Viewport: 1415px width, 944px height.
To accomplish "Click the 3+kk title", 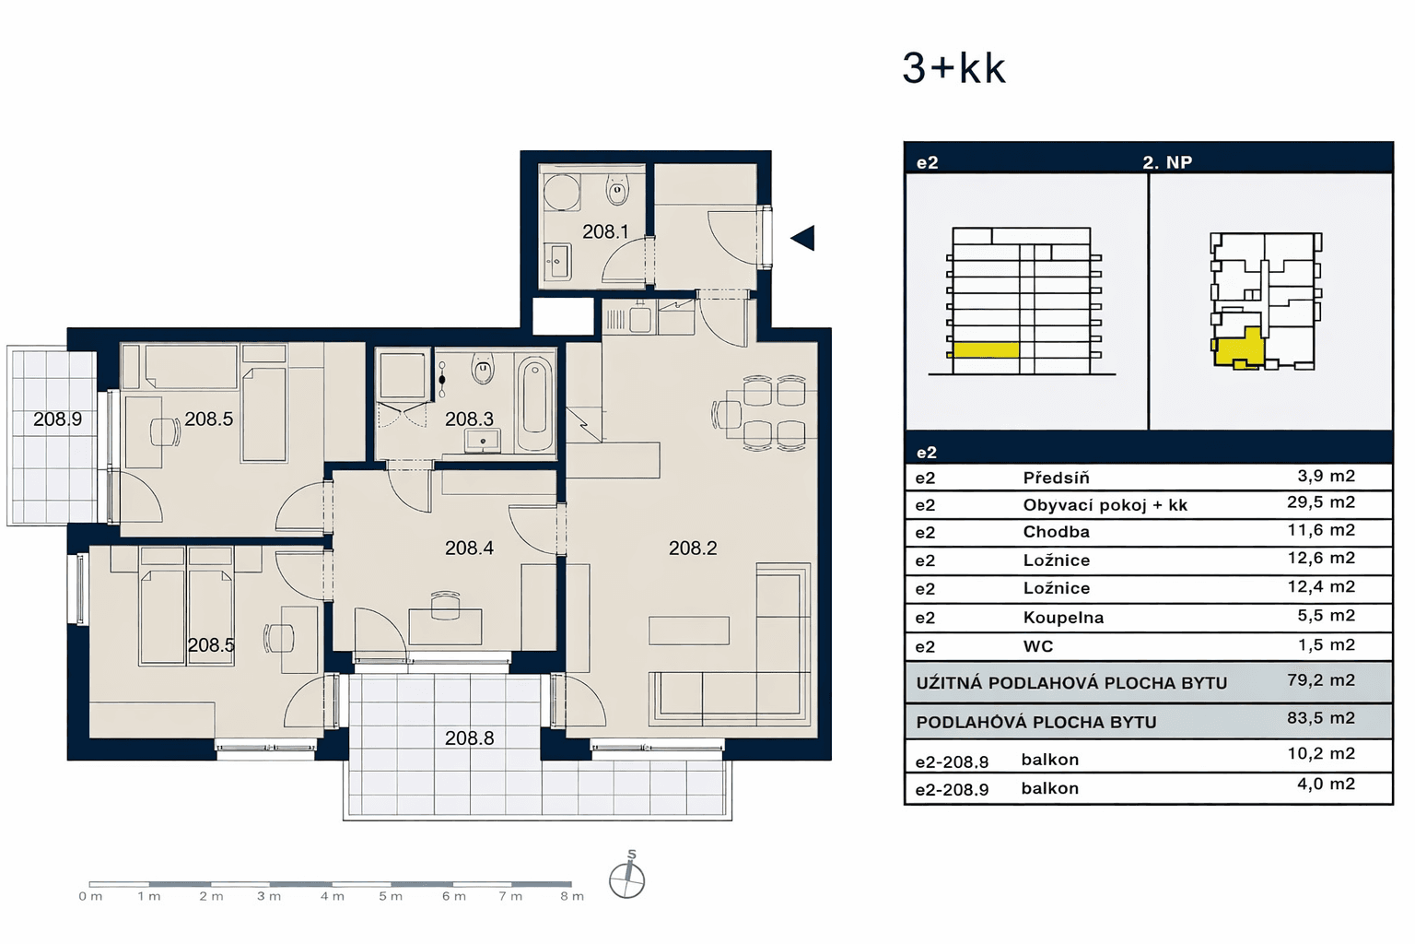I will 953,68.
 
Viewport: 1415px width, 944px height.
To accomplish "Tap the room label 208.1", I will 605,232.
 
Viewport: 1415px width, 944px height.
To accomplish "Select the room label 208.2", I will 693,549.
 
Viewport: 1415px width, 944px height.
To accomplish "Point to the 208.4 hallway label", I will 469,549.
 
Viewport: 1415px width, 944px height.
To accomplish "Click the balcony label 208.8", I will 469,738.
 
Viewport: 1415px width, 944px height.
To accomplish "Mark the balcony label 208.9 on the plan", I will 57,419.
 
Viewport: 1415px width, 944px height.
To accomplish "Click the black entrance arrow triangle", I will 803,238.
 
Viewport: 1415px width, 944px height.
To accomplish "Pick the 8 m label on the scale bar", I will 572,896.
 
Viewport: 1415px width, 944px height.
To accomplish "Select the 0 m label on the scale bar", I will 90,896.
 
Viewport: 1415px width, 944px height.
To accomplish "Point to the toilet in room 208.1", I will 616,192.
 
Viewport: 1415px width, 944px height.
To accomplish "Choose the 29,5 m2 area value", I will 1320,502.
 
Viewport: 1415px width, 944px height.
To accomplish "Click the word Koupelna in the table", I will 1063,618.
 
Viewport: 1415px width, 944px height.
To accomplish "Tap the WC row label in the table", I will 1038,646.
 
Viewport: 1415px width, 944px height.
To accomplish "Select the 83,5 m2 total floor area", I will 1320,718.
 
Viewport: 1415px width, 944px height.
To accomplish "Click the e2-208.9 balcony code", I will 952,790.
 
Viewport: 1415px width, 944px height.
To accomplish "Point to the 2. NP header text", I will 1167,162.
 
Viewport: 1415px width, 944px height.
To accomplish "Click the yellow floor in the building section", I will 985,350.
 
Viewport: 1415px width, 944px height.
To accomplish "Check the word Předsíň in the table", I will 1056,478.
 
